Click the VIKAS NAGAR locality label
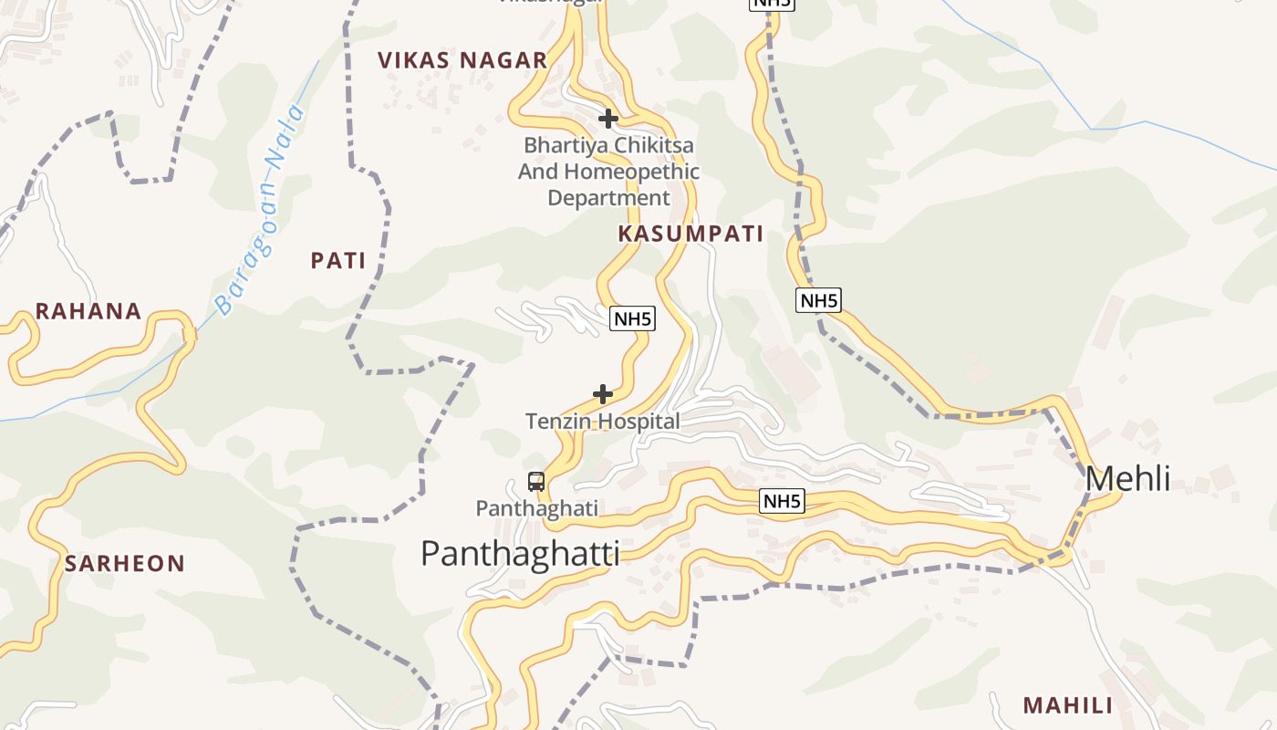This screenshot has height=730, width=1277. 462,61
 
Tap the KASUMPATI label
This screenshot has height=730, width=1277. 690,234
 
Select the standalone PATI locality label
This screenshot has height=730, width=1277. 338,261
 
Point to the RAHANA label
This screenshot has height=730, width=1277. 88,311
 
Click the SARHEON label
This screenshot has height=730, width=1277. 125,564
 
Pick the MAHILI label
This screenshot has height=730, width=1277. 1068,705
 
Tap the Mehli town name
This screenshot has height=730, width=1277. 1127,478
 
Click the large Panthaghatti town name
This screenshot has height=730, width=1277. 520,553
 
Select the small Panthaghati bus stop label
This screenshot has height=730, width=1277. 537,508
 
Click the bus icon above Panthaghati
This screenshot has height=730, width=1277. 536,482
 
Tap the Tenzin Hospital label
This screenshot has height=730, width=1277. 603,422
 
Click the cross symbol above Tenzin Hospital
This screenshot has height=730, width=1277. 603,394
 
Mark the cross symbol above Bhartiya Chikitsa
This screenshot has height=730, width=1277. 608,119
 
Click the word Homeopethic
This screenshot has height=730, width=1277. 631,172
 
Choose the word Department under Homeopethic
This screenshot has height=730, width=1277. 608,198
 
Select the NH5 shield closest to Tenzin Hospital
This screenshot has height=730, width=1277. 632,318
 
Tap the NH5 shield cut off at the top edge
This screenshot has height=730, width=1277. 772,3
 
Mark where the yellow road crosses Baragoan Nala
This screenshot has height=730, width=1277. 190,335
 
